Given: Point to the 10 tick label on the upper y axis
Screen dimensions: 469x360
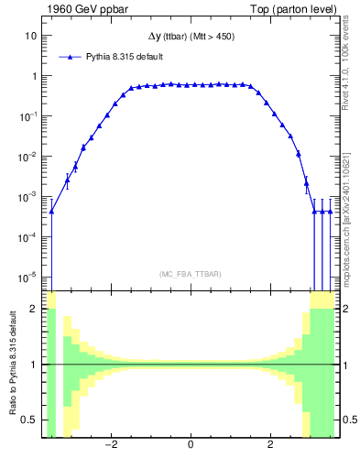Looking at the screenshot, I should [x=30, y=36].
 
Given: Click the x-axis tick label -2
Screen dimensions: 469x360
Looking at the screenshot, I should [x=110, y=446].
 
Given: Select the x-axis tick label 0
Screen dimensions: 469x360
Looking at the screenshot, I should [x=191, y=446].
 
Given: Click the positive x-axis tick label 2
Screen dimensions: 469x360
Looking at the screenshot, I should [x=270, y=446].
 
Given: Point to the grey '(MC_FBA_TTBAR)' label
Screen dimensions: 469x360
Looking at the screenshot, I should [x=190, y=274].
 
